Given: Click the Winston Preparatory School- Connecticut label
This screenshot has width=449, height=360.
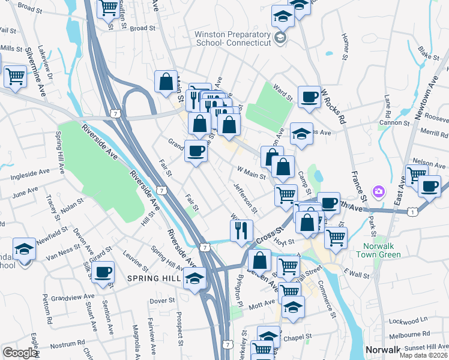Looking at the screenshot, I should tap(234, 38).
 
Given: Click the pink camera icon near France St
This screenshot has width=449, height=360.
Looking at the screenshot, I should tap(378, 191).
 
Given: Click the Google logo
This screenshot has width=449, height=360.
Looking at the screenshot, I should tap(20, 353).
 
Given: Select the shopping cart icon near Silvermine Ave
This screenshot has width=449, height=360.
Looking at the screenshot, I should tap(15, 76).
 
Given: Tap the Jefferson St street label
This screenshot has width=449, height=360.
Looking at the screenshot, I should tap(245, 199).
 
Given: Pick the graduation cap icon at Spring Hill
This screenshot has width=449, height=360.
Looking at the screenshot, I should tap(195, 278).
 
